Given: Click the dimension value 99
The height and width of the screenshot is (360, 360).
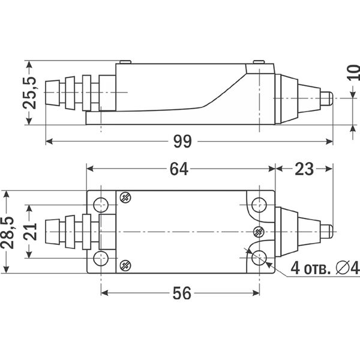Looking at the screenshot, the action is [182, 142].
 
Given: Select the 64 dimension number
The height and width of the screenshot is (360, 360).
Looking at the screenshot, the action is [179, 169].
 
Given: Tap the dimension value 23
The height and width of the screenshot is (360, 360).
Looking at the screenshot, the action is [304, 169].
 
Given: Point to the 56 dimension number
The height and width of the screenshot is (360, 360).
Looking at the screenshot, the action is [182, 293].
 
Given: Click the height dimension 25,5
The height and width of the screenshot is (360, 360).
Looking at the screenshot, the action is [29, 93].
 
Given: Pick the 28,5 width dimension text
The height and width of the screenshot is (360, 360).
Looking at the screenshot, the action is [7, 232].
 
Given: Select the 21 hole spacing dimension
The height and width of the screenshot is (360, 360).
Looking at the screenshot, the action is [30, 232].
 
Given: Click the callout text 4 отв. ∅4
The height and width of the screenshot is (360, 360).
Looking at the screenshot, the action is [325, 268].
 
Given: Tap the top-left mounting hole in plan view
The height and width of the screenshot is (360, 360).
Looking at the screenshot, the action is [101, 205].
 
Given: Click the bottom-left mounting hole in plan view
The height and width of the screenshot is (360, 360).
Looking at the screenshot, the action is [101, 258].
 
